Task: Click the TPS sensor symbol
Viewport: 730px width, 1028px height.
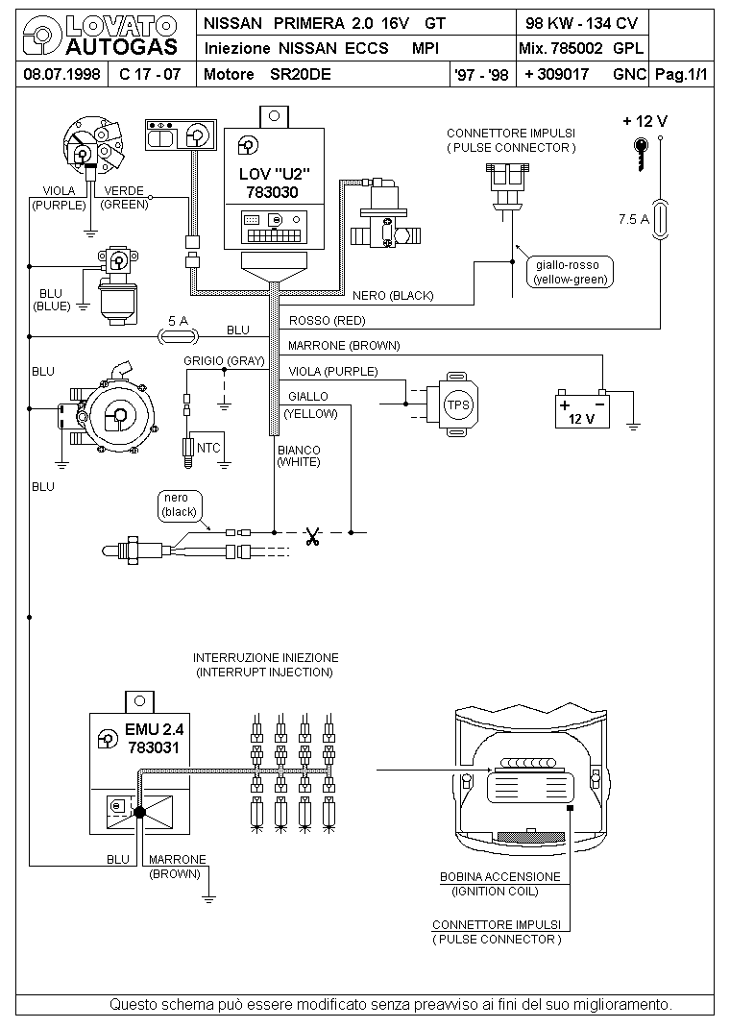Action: (452, 404)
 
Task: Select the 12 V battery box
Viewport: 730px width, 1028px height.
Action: (582, 410)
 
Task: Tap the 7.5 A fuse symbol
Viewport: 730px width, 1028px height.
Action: (660, 219)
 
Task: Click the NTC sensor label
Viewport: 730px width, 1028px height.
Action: (208, 448)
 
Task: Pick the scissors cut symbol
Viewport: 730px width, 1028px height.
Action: (312, 537)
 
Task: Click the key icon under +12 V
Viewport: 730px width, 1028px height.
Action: (641, 154)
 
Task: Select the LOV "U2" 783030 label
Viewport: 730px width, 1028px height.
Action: (274, 183)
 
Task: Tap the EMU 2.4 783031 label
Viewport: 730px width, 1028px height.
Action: (154, 738)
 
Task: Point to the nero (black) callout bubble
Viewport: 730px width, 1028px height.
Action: (179, 505)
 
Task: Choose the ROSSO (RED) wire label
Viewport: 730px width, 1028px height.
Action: (327, 321)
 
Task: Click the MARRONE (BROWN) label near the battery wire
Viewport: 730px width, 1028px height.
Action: (343, 346)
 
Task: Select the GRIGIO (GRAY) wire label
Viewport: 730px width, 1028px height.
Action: (224, 361)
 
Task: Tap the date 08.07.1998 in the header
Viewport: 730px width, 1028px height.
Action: (62, 74)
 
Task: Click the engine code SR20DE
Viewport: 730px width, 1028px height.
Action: (300, 74)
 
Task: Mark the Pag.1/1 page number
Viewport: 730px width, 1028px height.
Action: (682, 74)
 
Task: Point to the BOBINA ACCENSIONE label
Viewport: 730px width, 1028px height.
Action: (500, 876)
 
